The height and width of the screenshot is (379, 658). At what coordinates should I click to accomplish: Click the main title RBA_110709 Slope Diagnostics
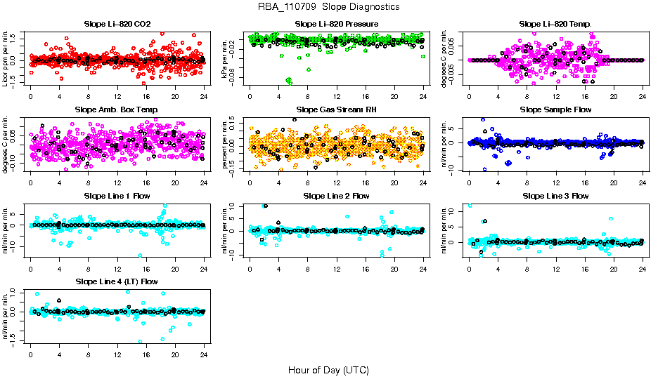[x=329, y=7]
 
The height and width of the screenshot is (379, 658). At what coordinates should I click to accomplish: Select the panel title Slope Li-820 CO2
[x=117, y=24]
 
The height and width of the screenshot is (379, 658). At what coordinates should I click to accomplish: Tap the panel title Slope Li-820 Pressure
[x=337, y=24]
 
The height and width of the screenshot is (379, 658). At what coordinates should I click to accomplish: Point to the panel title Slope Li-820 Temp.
[x=555, y=24]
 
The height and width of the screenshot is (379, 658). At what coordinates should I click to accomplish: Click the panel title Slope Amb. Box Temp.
[x=117, y=110]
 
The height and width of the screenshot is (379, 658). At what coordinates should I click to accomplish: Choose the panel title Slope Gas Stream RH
[x=337, y=110]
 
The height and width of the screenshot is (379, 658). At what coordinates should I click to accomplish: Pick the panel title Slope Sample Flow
[x=555, y=110]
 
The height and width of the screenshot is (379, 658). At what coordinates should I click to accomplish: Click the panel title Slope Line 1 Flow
[x=117, y=196]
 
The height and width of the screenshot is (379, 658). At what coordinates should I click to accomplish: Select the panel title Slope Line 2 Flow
[x=337, y=196]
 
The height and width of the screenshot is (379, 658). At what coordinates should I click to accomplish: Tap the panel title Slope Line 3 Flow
[x=555, y=196]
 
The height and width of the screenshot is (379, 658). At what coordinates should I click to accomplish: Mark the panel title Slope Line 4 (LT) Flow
[x=117, y=281]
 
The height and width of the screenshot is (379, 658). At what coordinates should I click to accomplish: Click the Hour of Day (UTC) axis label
[x=328, y=369]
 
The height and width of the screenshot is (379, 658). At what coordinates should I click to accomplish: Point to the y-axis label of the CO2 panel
[x=6, y=58]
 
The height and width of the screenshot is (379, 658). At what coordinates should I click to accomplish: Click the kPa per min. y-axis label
[x=225, y=58]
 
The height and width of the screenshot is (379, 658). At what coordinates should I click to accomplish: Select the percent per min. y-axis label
[x=225, y=145]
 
